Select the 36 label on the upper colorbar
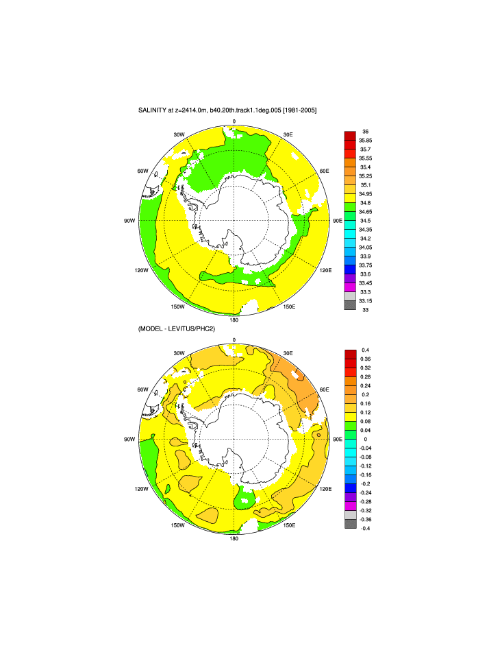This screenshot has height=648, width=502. (365, 130)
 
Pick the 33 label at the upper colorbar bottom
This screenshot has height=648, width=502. (365, 310)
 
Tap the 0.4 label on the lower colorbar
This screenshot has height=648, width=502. (365, 350)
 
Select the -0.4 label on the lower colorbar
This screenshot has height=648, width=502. (366, 528)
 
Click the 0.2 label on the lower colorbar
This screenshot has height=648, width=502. (365, 394)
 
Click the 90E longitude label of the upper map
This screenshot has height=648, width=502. (337, 220)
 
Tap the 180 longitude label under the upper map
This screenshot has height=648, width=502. (234, 320)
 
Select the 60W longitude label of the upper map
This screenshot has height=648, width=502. (142, 171)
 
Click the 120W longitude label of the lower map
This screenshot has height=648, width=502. (142, 489)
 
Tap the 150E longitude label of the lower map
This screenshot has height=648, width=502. (289, 525)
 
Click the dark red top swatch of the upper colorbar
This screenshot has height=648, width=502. (349, 135)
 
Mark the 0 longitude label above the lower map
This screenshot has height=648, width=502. (234, 340)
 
